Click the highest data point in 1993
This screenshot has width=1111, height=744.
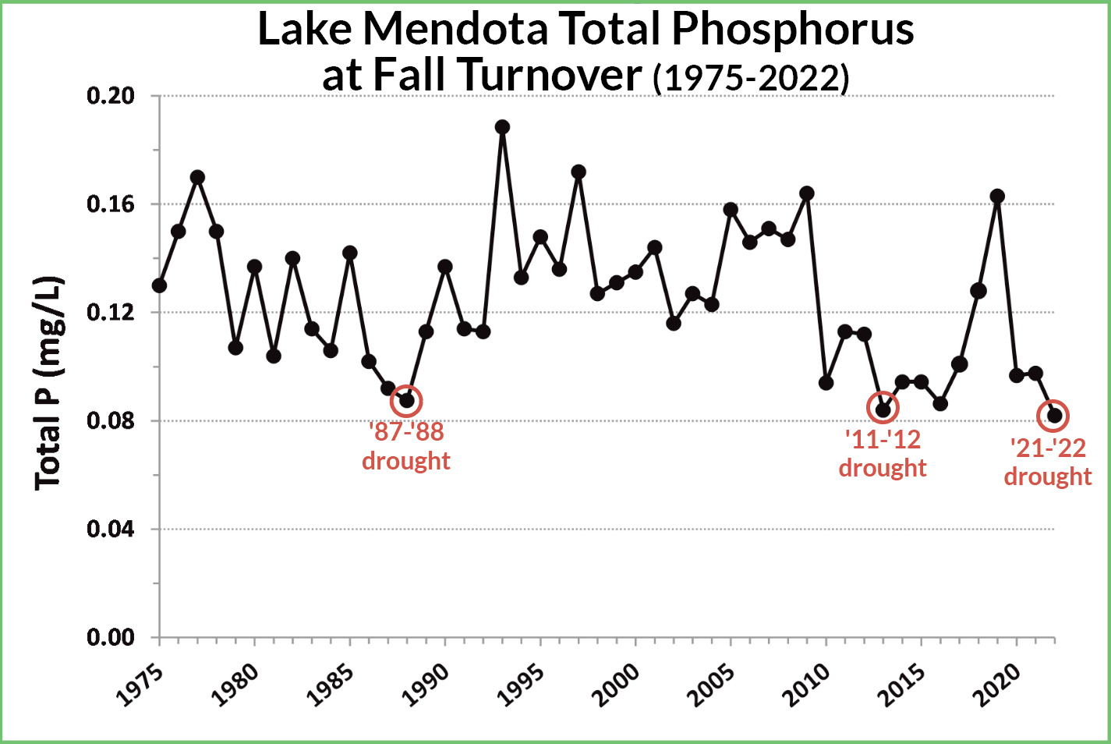click(502, 127)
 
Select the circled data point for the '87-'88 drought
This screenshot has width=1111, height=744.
click(406, 401)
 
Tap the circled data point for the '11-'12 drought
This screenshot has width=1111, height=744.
click(883, 409)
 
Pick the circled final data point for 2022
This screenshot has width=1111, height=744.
click(1054, 416)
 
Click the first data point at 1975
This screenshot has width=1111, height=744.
click(159, 285)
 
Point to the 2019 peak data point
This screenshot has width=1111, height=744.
click(997, 197)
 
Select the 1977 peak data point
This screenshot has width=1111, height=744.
click(197, 177)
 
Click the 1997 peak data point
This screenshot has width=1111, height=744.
click(578, 172)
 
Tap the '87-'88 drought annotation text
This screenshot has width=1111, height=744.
click(405, 446)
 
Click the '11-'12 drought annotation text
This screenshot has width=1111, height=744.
click(883, 454)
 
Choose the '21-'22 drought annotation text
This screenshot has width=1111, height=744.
click(1048, 462)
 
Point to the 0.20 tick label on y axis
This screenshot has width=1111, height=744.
click(111, 96)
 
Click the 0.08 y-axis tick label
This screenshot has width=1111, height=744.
click(111, 421)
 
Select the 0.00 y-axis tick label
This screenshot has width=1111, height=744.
click(111, 638)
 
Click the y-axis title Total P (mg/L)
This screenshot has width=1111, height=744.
click(48, 382)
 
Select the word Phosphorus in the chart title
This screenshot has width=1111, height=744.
click(793, 30)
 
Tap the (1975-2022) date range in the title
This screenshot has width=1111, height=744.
click(751, 78)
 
